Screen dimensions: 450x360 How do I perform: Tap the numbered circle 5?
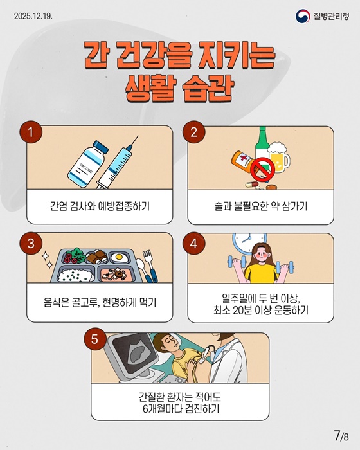95,339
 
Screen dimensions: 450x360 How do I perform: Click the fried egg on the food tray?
117,257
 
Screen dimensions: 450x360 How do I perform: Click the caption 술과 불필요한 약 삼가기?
260,208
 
